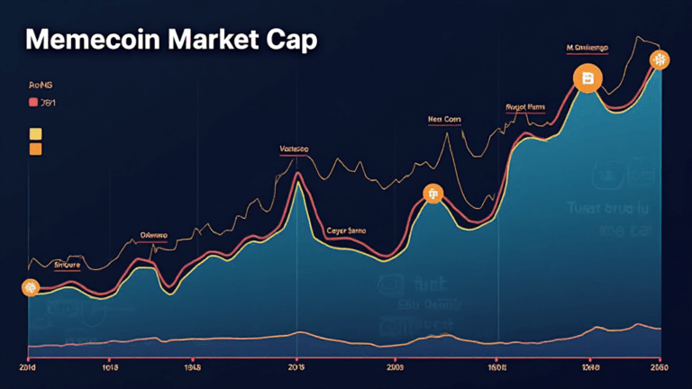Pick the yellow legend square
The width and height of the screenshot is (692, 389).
pyautogui.click(x=35, y=133)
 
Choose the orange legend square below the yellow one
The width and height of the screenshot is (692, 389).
pyautogui.click(x=35, y=149)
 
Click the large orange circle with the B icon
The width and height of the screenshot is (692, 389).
pyautogui.click(x=587, y=79)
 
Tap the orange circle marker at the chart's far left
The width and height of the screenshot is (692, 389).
pyautogui.click(x=30, y=288)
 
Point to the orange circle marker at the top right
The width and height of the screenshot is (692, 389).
pyautogui.click(x=660, y=60)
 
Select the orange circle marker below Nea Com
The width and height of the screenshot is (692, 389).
pyautogui.click(x=433, y=194)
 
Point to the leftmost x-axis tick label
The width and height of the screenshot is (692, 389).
pyautogui.click(x=26, y=367)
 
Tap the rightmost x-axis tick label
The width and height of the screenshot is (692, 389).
pyautogui.click(x=657, y=367)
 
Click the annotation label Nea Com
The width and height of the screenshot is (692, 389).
pyautogui.click(x=442, y=118)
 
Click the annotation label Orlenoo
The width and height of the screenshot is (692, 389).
pyautogui.click(x=154, y=235)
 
